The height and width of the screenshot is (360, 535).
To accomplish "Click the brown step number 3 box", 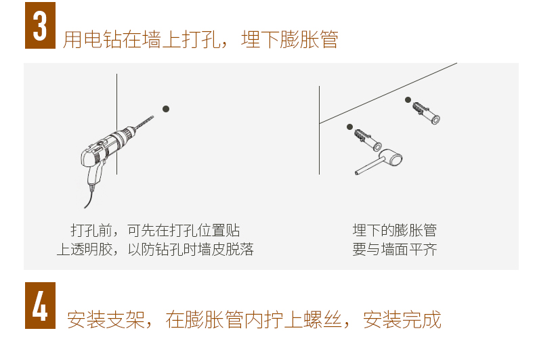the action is pos(40,25).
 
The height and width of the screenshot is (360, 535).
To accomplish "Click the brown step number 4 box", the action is pos(40,305).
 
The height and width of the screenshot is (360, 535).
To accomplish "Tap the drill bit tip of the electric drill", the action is pos(152,117).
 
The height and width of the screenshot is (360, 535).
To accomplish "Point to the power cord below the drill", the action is pos(89,197).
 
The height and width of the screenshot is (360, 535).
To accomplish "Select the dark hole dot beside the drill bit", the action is pos(166,109).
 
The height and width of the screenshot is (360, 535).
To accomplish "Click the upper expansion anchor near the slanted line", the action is pos(426,113).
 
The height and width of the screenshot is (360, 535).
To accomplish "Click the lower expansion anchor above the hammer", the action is pos(368,140).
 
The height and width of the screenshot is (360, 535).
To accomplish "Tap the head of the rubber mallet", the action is pos(391,158).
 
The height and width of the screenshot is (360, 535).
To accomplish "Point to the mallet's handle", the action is pos(368,166).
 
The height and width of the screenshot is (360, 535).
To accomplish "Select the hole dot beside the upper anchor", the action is pos(408,100).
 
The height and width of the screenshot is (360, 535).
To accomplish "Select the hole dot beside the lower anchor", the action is pos(349,127).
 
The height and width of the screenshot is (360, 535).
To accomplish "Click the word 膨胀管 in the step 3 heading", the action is pos(309,39).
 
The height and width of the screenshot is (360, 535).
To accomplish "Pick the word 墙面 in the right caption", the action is pos(395,249).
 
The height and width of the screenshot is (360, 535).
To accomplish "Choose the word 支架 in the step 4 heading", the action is pos(125,320).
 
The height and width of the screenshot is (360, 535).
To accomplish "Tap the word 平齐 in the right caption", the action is pos(423,249).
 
